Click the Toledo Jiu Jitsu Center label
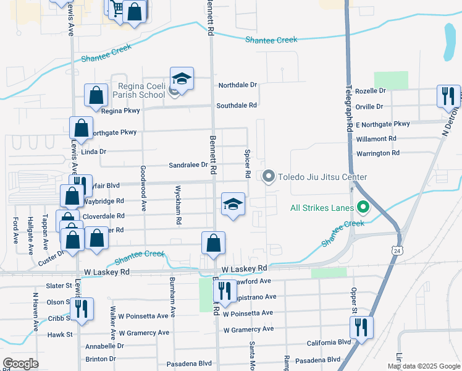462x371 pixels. [x=324, y=177]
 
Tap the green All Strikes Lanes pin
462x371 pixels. [x=363, y=208]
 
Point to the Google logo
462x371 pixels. [x=20, y=363]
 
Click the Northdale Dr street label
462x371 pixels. [x=237, y=85]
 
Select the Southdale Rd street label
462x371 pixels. [x=237, y=106]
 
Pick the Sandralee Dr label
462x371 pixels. [x=188, y=165]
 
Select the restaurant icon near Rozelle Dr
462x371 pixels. [x=448, y=96]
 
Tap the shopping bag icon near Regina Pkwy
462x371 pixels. [x=96, y=96]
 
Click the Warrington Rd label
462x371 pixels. [x=377, y=153]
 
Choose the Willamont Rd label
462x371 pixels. [x=376, y=139]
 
